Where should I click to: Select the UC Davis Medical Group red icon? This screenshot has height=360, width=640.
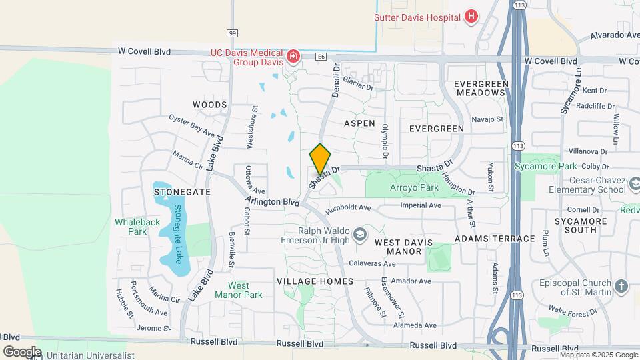(292, 57)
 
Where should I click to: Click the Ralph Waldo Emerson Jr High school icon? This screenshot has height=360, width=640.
(360, 234)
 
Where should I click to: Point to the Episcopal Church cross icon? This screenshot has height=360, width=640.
(621, 287)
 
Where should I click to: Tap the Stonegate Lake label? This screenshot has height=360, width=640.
(179, 233)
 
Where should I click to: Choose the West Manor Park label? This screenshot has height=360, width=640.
(238, 290)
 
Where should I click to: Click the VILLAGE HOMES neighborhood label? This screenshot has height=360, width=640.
(315, 281)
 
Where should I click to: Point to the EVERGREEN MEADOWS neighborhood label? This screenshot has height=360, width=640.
(481, 88)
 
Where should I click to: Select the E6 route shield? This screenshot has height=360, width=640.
(321, 58)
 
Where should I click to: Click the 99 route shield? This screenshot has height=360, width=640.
(232, 33)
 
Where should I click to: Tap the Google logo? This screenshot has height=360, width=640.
(22, 351)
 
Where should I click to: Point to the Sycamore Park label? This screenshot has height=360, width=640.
(545, 165)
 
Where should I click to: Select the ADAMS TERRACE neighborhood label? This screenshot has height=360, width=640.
(495, 238)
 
